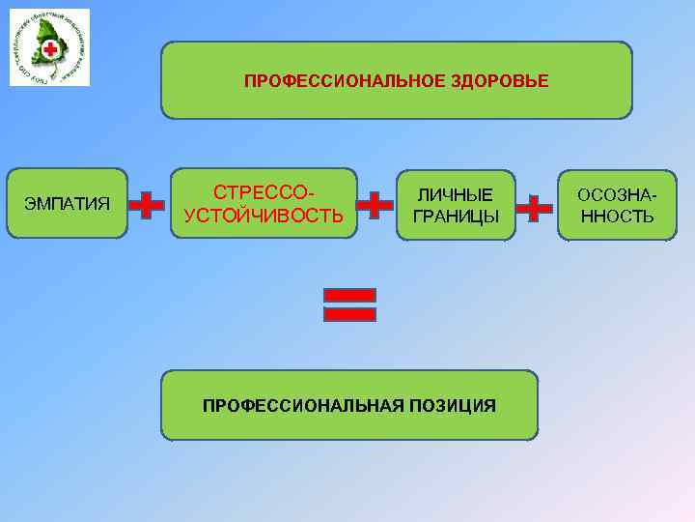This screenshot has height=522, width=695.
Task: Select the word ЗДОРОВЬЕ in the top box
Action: point(500,81)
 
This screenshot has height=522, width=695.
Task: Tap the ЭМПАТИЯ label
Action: point(68,204)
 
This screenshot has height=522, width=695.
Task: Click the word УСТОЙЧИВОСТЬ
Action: point(264,215)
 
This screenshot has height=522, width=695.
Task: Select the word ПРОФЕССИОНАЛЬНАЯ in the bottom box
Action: point(297,405)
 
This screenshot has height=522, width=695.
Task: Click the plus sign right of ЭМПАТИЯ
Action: point(146,205)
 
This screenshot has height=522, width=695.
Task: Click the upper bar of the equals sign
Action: point(348,293)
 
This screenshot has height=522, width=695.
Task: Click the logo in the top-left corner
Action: point(49,47)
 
